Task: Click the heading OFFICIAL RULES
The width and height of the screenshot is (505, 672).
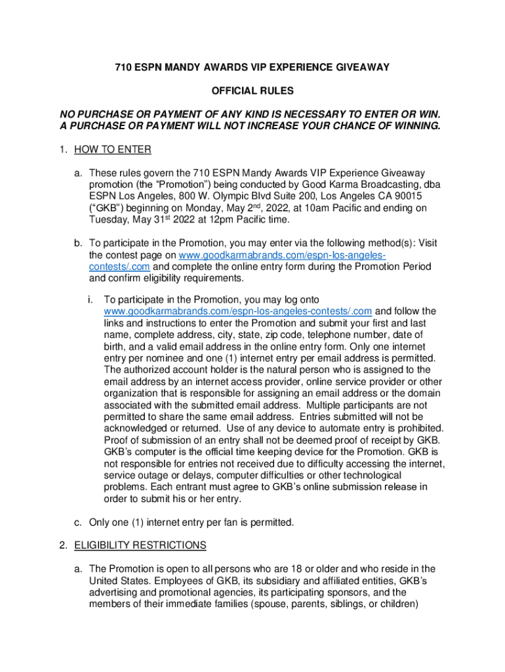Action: pos(252,90)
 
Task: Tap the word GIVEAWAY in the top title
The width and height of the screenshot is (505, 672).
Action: pos(359,67)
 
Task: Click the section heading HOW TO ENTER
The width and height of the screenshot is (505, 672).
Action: pos(113,150)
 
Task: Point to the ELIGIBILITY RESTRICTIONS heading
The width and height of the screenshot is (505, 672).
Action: pos(140,545)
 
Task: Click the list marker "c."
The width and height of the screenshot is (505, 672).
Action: pos(77,523)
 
